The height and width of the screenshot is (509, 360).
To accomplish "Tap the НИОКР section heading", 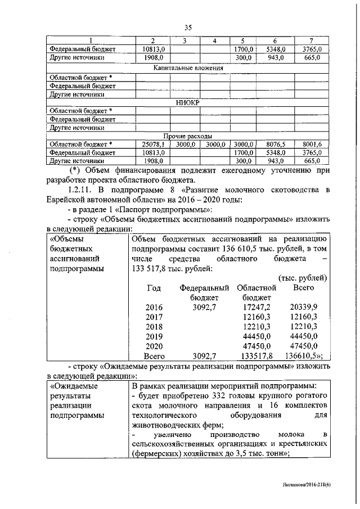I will click(188, 102).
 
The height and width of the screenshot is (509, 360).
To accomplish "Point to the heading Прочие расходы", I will click(188, 136).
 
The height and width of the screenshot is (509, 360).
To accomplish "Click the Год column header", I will click(154, 287).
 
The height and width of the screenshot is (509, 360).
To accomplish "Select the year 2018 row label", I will click(154, 327).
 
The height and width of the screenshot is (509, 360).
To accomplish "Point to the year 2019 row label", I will click(154, 336).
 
